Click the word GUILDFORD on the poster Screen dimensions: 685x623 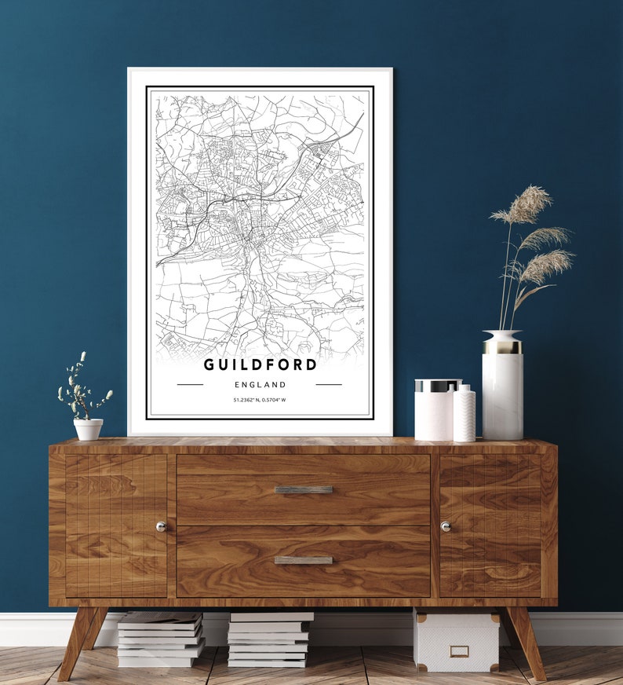260,364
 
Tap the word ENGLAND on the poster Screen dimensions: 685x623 260,385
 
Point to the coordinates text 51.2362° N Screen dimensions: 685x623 246,401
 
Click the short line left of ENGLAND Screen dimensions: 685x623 190,385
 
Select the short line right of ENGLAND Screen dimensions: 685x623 329,385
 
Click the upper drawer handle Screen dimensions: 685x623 304,489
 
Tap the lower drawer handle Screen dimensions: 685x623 304,560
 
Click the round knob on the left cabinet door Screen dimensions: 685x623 161,526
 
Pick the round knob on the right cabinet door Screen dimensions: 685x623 446,526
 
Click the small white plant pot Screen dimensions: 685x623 88,429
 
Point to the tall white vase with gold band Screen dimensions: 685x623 502,393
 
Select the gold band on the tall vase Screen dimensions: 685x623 502,346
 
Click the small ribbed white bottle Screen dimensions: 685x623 465,414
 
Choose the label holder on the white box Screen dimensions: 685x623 459,651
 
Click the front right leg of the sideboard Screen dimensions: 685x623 527,640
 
